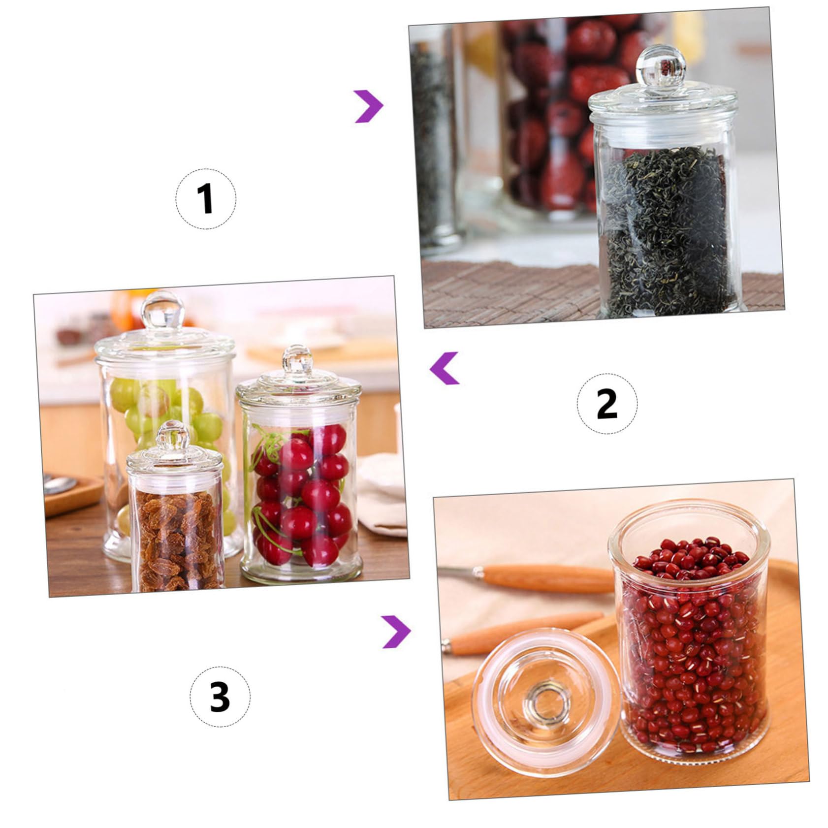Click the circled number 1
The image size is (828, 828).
coord(206,198)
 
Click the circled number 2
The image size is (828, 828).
coord(606,403)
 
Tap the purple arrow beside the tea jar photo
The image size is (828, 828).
coord(369,106)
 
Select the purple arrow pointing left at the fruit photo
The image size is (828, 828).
coord(444,368)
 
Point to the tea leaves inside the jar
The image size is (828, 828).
coord(666,231)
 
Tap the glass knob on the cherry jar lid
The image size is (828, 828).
coord(297,358)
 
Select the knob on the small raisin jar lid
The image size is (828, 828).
coord(173,436)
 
